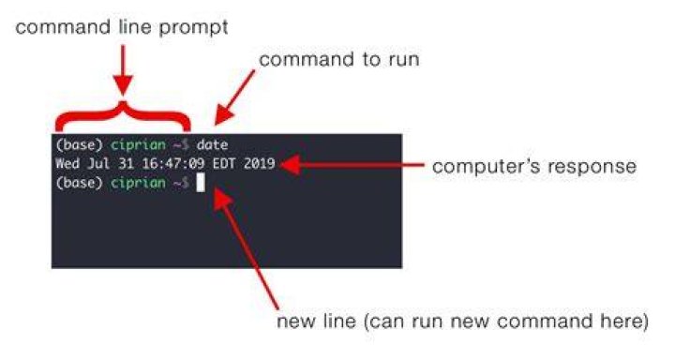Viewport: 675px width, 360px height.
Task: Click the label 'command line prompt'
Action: [121, 28]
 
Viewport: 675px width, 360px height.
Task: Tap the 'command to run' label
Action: [339, 59]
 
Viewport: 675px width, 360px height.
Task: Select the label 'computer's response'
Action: [534, 167]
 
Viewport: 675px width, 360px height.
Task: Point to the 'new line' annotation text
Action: [462, 322]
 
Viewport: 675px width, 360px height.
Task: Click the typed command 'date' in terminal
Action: [212, 144]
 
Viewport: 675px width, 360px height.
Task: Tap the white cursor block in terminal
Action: [201, 182]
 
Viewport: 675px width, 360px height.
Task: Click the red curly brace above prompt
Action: [123, 115]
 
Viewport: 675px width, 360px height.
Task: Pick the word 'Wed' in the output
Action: [67, 164]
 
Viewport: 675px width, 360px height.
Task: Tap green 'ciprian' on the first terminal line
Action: [138, 145]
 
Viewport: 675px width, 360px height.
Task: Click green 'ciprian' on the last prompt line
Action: [138, 183]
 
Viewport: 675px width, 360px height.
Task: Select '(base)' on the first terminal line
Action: [79, 145]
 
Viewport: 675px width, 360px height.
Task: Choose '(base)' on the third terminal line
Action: [79, 183]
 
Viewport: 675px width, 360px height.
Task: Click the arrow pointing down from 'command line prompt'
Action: [123, 69]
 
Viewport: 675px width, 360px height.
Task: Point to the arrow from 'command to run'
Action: [234, 97]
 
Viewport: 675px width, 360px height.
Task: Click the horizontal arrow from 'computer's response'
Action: [352, 164]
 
